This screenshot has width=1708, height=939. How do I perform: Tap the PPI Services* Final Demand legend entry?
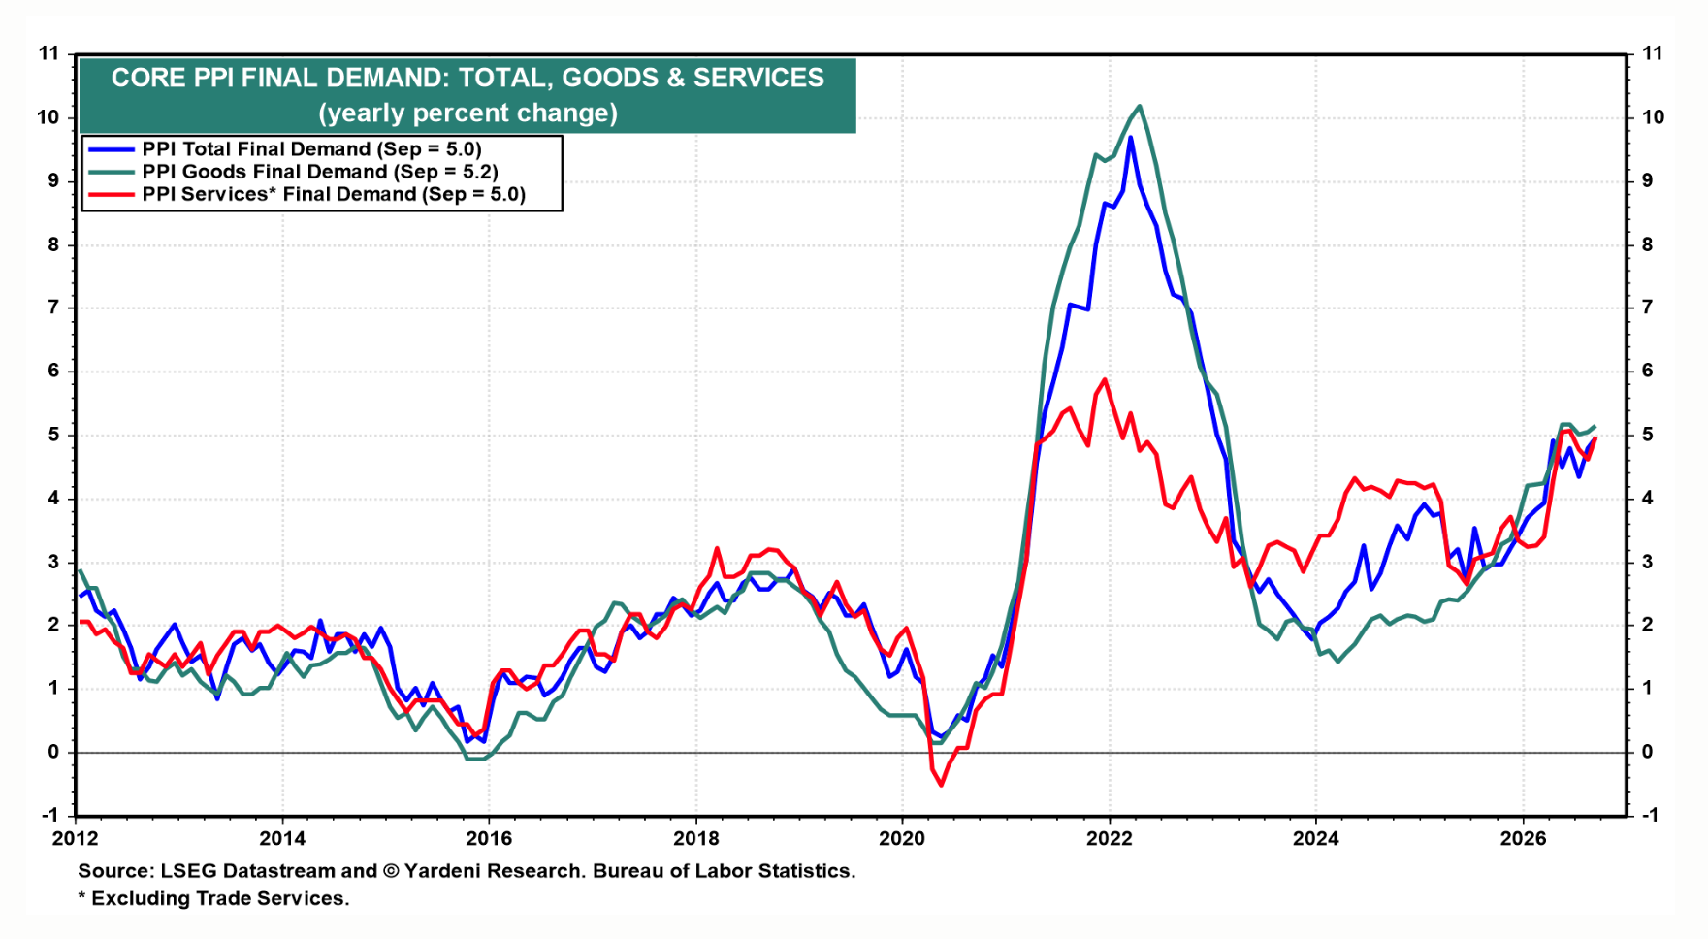[306, 194]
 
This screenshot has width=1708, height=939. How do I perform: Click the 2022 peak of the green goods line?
[1139, 107]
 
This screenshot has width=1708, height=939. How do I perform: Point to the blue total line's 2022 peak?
[1130, 138]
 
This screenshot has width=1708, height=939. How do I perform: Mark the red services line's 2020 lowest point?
[941, 784]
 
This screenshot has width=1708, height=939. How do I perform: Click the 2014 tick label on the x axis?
[282, 839]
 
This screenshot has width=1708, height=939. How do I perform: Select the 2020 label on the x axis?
[902, 839]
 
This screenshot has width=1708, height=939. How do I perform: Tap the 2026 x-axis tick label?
[1523, 839]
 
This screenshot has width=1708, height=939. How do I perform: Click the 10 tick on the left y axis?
[48, 117]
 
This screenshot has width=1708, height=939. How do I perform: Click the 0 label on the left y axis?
[54, 752]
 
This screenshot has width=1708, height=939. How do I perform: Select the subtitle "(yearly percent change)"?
[468, 113]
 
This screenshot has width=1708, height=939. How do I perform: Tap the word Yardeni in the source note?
[442, 871]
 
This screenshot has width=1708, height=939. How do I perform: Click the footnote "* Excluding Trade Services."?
[214, 898]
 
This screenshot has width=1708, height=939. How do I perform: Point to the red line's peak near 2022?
[1105, 379]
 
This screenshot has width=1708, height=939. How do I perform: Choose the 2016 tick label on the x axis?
[489, 839]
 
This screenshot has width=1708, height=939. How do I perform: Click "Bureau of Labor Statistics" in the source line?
[725, 871]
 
